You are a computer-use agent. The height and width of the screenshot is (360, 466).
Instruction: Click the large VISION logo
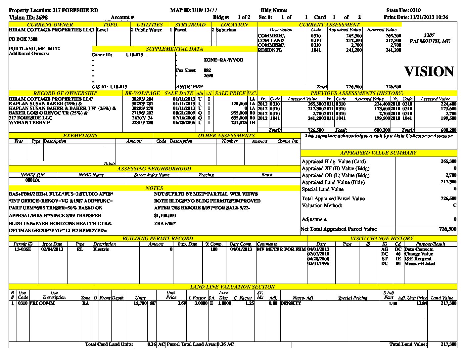pos(429,71)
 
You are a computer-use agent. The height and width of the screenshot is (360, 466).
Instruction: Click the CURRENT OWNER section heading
pos(50,24)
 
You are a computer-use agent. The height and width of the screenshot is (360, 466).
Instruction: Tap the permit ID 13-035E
pos(23,249)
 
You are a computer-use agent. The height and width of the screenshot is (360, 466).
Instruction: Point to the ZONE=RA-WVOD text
pos(223,60)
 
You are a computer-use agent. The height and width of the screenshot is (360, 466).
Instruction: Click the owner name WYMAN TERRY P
pos(29,122)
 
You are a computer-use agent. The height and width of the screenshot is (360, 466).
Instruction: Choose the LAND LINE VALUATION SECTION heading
pos(232,287)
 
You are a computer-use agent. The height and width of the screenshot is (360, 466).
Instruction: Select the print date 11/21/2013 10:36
pos(429,17)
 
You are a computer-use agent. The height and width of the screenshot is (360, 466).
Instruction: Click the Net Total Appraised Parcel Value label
pos(339,229)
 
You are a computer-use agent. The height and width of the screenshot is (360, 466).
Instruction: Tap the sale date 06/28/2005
pos(184,122)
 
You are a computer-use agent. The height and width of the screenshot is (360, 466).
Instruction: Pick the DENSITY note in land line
pos(291,303)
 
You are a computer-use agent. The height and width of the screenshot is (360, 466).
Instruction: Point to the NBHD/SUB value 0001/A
pos(32,180)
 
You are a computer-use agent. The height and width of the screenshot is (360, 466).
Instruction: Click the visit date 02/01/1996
pos(318,264)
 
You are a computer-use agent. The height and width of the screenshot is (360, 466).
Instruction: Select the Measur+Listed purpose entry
pos(420,264)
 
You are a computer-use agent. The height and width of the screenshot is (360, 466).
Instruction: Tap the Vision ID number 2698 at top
pos(42,18)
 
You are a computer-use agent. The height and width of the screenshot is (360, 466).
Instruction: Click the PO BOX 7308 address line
pos(23,39)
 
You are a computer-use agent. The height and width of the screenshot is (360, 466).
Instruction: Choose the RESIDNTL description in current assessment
pos(270,50)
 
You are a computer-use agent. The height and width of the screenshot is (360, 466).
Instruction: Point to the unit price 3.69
pos(182,303)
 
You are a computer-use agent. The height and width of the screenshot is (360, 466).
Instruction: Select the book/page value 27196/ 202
pos(142,113)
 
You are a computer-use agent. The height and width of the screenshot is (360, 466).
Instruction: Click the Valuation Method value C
pos(454,205)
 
